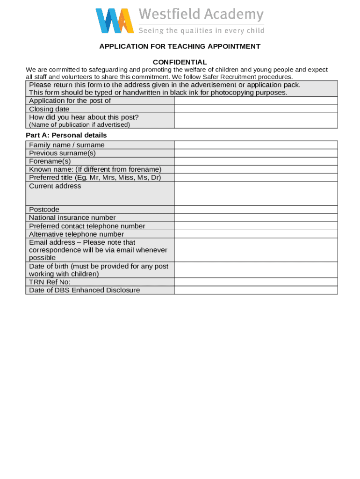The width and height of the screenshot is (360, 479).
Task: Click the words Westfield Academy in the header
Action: tap(201, 15)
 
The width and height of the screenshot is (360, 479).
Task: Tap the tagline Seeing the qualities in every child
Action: tap(201, 30)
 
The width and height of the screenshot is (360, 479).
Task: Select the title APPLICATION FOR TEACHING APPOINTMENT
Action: tap(180, 46)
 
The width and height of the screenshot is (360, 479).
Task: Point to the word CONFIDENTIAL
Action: tap(180, 62)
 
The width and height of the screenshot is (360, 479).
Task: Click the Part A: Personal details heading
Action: tap(66, 135)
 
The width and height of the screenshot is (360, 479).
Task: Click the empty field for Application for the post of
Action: tap(255, 101)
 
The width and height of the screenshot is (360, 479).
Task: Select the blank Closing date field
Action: tap(255, 109)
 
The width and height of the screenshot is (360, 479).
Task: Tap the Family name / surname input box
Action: tap(255, 145)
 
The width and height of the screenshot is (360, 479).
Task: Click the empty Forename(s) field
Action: tap(255, 161)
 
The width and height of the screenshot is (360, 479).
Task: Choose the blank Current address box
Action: tap(255, 193)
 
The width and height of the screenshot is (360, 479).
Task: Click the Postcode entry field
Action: tap(255, 210)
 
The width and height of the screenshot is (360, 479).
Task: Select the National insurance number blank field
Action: tap(255, 218)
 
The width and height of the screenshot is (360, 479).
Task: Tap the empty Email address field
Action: tap(255, 250)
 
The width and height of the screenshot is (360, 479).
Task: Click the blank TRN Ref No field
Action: tap(255, 282)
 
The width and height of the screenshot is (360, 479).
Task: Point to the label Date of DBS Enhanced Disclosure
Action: tap(84, 290)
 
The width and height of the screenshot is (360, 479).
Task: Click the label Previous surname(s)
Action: tap(62, 153)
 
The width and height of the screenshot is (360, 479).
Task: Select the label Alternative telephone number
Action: tap(76, 234)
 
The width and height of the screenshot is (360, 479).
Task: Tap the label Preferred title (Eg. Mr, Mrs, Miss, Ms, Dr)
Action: tap(95, 177)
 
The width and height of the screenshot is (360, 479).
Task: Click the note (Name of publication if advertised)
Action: tap(79, 125)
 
